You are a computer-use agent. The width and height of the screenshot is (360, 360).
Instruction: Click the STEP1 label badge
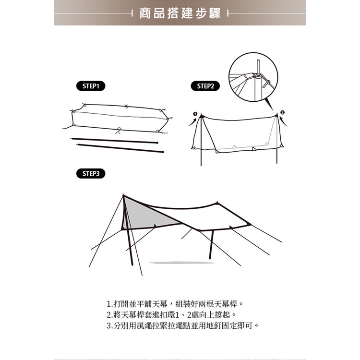[91, 86]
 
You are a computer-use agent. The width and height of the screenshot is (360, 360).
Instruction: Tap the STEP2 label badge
[205, 86]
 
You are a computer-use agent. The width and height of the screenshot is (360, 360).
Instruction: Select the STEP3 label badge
[91, 174]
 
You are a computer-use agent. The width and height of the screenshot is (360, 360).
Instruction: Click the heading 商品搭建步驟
[180, 13]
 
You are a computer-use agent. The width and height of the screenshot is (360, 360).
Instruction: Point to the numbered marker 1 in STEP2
[195, 114]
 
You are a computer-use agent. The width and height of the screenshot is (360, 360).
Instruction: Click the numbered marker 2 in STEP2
[282, 112]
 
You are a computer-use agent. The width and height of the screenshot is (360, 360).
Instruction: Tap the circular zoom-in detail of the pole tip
[253, 77]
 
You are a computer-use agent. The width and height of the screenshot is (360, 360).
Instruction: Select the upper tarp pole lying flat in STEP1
[114, 141]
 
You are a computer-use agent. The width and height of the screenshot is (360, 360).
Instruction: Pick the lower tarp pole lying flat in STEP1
[120, 148]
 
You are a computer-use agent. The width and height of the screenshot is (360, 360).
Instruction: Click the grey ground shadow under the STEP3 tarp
[181, 263]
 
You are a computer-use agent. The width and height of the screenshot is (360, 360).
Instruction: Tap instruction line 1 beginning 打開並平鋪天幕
[175, 304]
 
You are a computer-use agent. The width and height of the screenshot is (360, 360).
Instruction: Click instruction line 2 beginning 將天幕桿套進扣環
[171, 315]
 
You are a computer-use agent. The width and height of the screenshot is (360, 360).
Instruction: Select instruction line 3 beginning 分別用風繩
[183, 325]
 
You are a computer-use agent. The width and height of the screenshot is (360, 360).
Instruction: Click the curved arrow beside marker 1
[193, 122]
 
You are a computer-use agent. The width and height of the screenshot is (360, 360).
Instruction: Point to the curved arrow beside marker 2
[284, 121]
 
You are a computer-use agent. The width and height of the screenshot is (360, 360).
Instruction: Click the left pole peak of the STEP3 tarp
[123, 195]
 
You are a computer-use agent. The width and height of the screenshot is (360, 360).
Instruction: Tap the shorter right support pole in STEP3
[211, 245]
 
